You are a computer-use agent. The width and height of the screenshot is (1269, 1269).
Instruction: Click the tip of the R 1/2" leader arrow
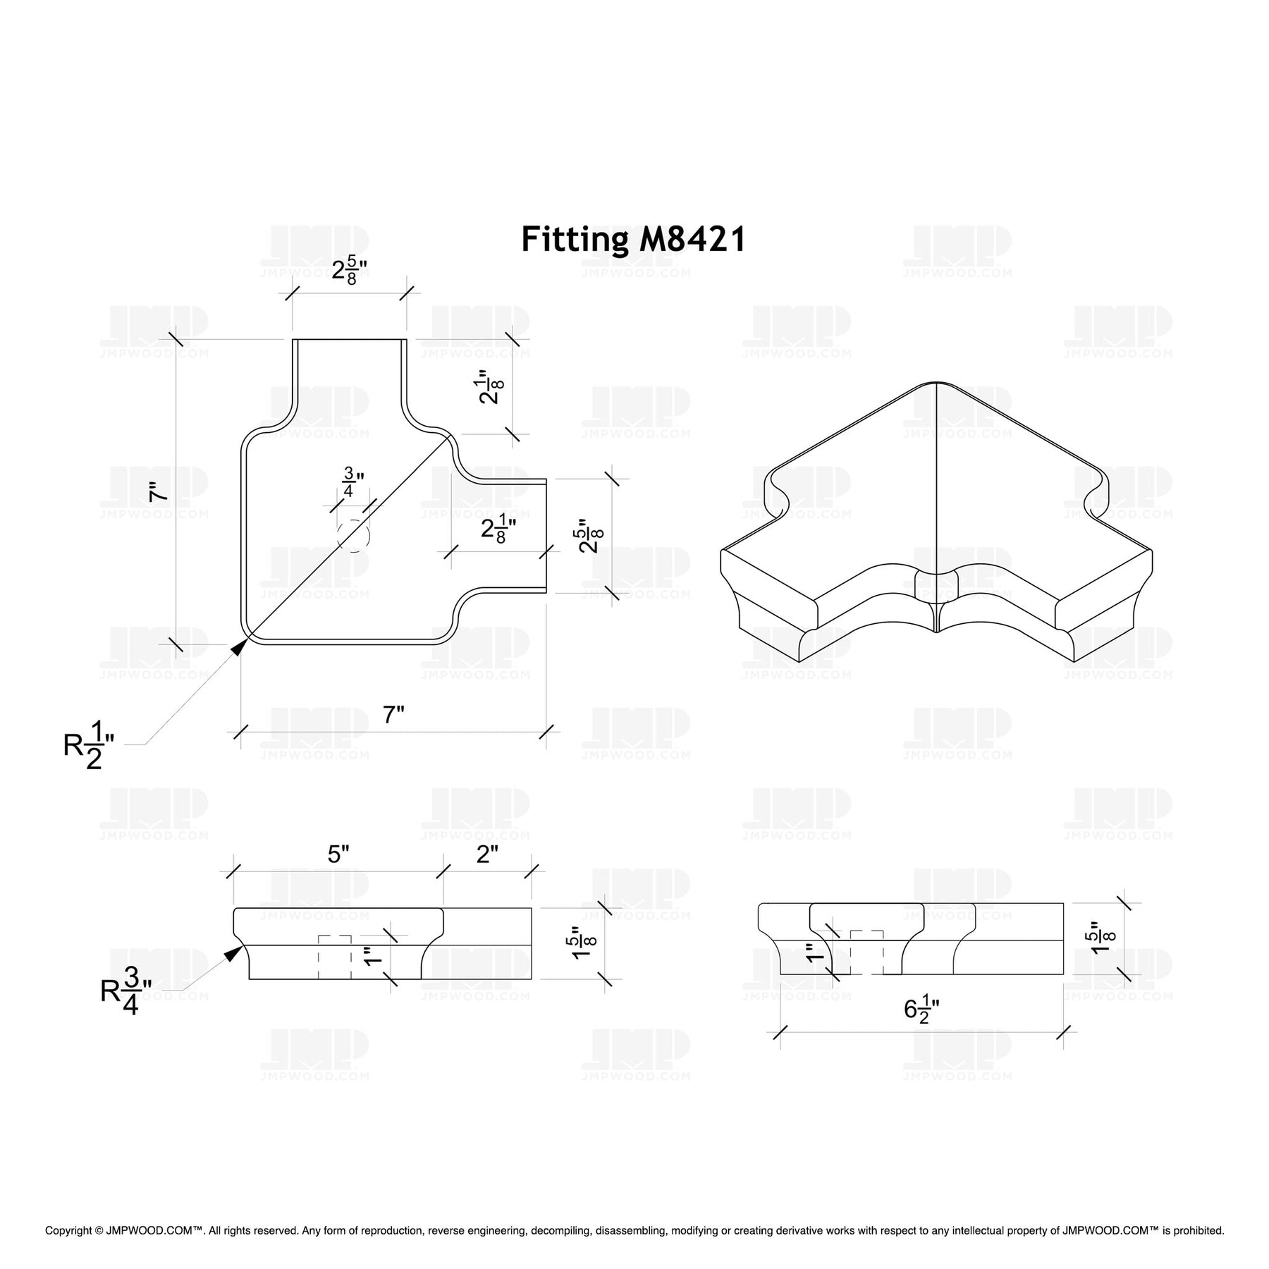point(247,638)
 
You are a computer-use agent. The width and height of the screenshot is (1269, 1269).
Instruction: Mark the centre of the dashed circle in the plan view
point(353,537)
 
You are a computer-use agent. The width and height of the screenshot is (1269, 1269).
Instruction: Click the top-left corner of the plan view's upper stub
point(293,340)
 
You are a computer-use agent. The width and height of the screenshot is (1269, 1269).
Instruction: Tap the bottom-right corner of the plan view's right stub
point(546,591)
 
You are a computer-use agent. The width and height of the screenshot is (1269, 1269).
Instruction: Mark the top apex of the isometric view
point(935,383)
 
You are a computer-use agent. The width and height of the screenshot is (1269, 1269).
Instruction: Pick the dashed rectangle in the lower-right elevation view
point(867,952)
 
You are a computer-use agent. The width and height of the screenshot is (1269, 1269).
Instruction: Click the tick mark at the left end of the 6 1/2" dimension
point(780,1032)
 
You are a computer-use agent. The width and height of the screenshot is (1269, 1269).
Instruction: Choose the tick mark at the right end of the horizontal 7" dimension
point(546,731)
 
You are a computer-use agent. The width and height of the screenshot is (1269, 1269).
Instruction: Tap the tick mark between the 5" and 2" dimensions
point(443,871)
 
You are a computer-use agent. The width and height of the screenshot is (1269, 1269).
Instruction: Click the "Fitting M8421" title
point(633,240)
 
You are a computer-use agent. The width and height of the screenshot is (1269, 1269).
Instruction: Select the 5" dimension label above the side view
point(338,854)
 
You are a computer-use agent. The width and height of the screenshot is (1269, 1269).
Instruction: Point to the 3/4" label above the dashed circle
point(350,482)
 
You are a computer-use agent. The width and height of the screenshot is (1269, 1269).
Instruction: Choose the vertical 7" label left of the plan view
point(159,491)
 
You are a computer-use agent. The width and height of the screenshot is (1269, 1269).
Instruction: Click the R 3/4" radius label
point(126,990)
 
